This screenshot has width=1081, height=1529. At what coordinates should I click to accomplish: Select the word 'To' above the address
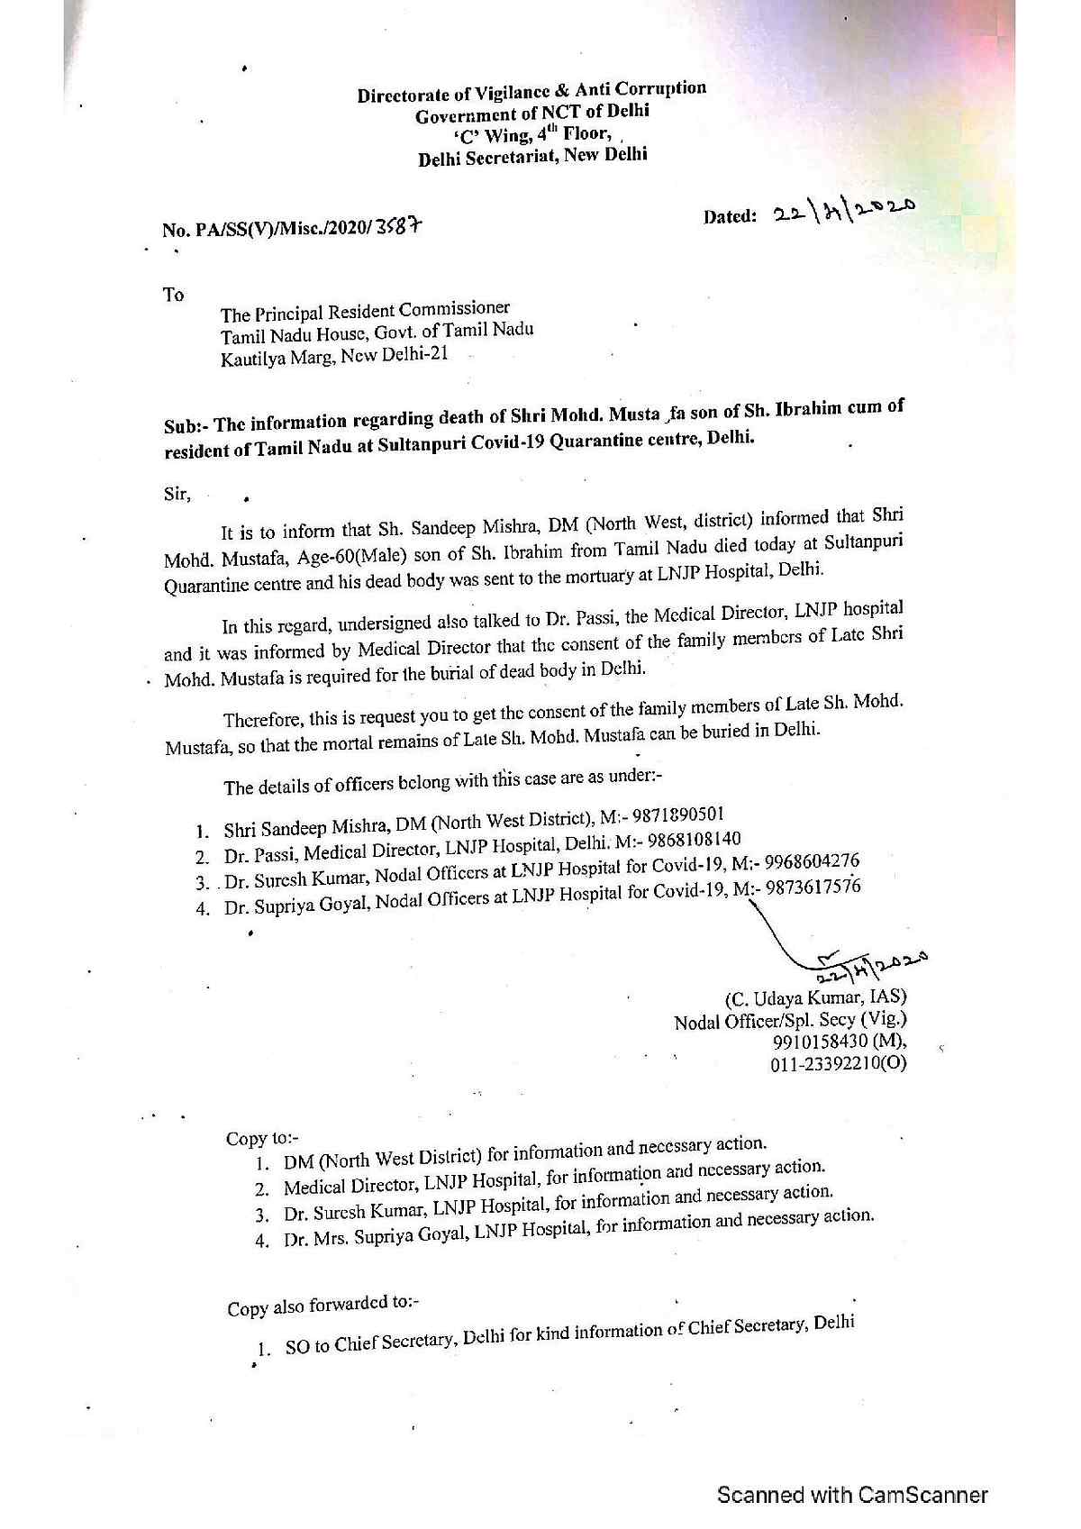point(173,295)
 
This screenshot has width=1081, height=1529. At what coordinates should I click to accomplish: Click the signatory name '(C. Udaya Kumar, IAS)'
point(815,997)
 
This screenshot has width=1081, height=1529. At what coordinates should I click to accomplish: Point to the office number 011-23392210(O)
point(838,1064)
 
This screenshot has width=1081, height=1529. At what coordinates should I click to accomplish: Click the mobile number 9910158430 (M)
point(840,1042)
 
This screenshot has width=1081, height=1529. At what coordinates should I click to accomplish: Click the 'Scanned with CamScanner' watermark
point(852,1495)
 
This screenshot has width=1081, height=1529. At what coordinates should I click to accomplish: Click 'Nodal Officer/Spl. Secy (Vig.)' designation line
point(790,1020)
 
